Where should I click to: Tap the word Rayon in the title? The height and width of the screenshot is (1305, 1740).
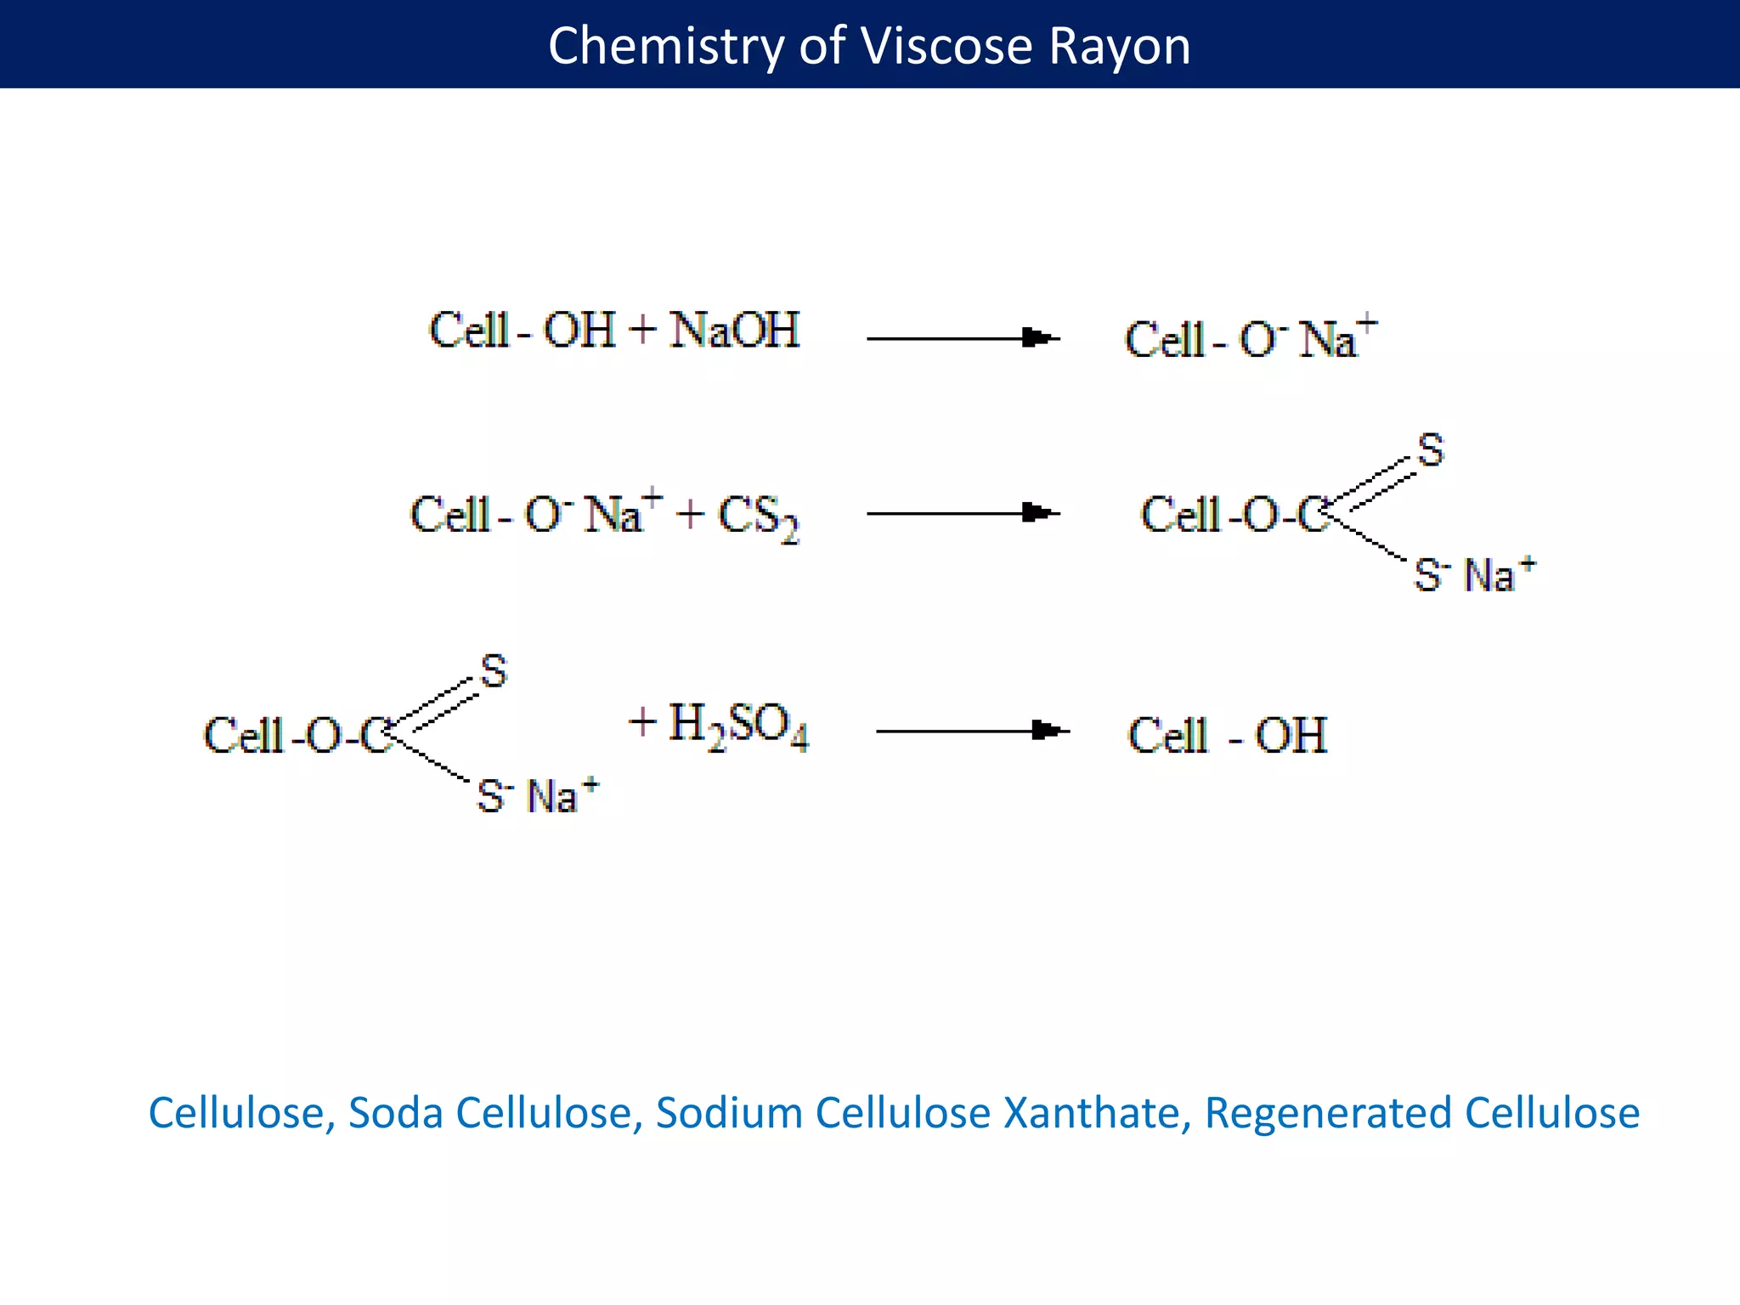[1119, 46]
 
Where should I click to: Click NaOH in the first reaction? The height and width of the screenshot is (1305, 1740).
[734, 330]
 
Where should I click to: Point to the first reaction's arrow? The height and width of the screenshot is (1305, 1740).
[963, 338]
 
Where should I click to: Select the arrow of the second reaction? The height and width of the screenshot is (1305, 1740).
[963, 513]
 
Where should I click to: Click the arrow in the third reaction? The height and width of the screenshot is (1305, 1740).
[972, 731]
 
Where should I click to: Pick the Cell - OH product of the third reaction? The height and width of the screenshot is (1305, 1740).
[1227, 736]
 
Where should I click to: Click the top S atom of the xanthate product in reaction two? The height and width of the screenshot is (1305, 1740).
[1431, 450]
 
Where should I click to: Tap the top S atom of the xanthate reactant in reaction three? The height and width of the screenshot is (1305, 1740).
[494, 671]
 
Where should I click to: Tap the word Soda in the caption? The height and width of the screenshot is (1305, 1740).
[396, 1113]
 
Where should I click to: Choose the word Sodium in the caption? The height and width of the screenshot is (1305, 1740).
[729, 1113]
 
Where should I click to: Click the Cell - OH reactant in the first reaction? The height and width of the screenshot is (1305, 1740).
[522, 330]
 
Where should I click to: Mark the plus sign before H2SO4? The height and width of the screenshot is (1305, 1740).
[643, 722]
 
